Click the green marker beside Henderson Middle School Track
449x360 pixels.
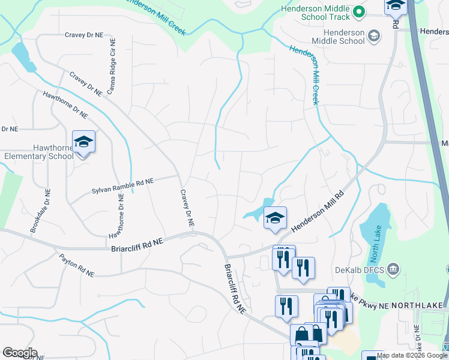click(359, 11)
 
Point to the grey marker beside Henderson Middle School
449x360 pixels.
click(375, 35)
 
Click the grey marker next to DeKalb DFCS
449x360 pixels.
click(394, 268)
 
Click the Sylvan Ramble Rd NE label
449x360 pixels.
click(122, 185)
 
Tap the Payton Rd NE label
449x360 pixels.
click(76, 265)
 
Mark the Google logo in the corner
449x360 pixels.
click(20, 353)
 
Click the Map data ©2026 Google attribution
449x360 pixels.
click(412, 355)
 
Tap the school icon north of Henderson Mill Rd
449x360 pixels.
click(275, 218)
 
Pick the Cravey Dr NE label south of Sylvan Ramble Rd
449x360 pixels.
click(187, 208)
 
